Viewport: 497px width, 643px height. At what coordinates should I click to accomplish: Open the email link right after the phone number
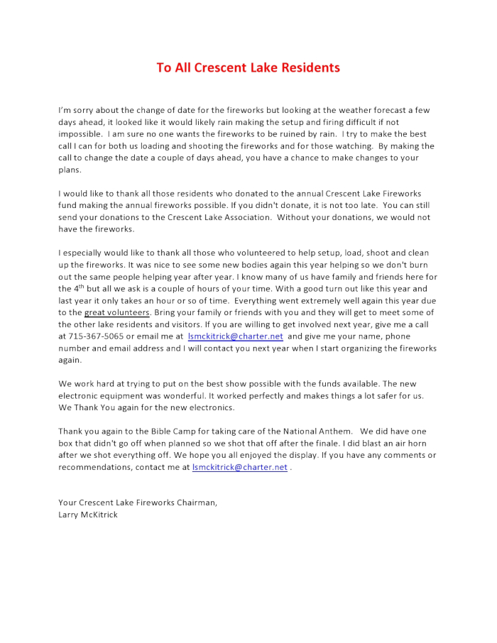pyautogui.click(x=235, y=336)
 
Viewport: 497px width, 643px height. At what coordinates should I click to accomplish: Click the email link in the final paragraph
pyautogui.click(x=239, y=468)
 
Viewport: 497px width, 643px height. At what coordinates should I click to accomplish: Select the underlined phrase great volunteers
pyautogui.click(x=117, y=313)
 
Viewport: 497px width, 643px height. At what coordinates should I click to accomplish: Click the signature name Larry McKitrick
pyautogui.click(x=88, y=515)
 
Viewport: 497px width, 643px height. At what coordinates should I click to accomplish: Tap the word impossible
pyautogui.click(x=80, y=134)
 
